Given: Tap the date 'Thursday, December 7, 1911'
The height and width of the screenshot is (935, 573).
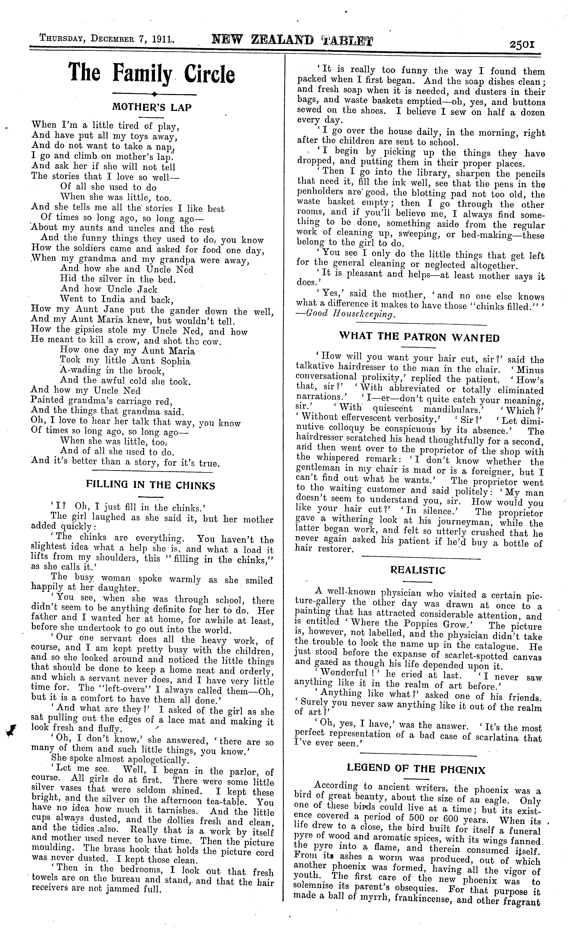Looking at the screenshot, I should pyautogui.click(x=107, y=39).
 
